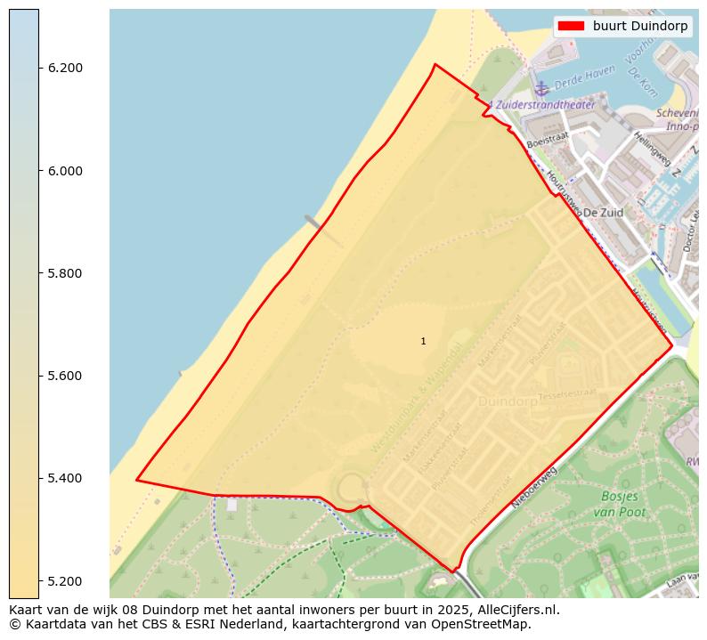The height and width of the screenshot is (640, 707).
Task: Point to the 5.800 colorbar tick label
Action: click(65, 273)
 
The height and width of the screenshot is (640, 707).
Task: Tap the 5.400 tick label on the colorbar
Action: click(65, 479)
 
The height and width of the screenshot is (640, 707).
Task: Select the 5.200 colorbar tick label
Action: click(65, 581)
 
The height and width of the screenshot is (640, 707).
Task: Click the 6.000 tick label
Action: click(65, 171)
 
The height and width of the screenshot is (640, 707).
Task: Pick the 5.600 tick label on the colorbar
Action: click(65, 376)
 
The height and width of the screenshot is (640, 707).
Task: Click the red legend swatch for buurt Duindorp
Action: click(571, 26)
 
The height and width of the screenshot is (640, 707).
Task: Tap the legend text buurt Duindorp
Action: click(640, 26)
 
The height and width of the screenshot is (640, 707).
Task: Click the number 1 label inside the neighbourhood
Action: click(423, 341)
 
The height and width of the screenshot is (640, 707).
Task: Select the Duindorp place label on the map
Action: click(508, 401)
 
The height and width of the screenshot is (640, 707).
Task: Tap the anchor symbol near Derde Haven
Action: click(541, 88)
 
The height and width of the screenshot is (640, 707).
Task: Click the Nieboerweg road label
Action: click(533, 488)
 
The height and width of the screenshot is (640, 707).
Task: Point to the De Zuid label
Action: click(604, 213)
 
